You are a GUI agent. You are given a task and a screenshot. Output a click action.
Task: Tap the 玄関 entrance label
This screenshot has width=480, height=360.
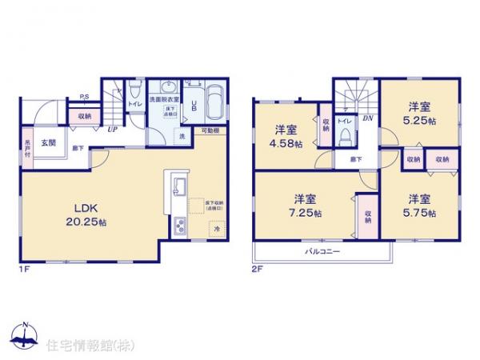(49, 143)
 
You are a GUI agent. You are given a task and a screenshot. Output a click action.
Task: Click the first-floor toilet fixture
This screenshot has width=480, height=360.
(135, 90)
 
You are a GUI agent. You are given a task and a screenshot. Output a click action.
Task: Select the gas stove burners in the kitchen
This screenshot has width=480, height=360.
(178, 226)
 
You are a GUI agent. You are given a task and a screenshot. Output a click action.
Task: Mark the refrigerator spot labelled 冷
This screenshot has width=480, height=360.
(216, 230)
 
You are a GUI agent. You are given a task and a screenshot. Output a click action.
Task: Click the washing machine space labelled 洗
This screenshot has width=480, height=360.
(183, 137)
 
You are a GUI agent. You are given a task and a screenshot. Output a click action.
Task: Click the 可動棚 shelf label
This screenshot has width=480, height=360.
(210, 130)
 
